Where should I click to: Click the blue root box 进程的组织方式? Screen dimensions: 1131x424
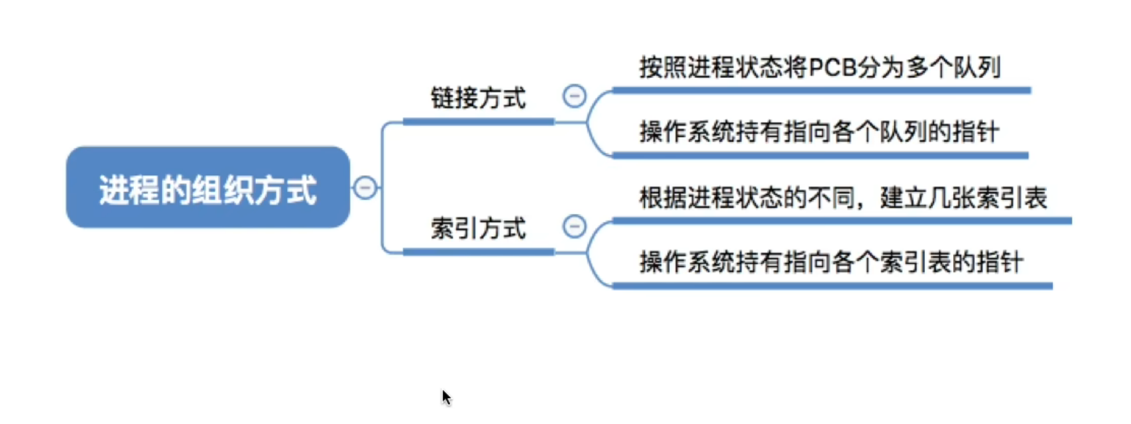pos(207,187)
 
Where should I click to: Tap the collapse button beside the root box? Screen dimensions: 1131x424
pos(365,187)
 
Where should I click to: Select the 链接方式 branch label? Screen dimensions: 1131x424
pos(478,98)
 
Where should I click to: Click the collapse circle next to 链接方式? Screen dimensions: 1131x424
pos(574,96)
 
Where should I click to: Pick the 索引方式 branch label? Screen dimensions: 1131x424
pos(478,228)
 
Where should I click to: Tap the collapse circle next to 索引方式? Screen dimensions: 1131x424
pos(574,227)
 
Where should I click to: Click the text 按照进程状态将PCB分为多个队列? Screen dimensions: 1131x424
pos(819,67)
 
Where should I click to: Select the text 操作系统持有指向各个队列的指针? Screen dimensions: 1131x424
pos(819,132)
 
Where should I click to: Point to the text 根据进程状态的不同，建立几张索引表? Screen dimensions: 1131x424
pos(842,197)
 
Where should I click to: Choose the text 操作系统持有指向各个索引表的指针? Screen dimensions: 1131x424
pos(830,262)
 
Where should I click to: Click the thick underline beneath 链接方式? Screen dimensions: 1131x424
pos(478,121)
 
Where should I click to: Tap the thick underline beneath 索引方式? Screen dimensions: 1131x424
pos(478,252)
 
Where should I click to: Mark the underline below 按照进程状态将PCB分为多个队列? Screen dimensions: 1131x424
pos(820,90)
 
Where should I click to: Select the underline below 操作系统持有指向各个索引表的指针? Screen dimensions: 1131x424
pos(832,286)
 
